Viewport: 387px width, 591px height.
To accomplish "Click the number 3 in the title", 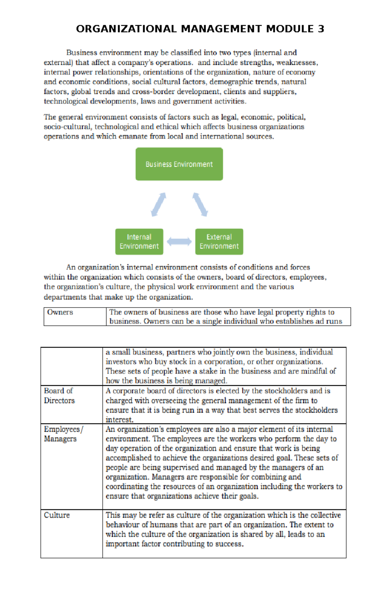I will pyautogui.click(x=321, y=29).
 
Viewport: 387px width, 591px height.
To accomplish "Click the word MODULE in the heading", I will pyautogui.click(x=290, y=29).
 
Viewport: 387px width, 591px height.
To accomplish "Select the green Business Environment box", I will pyautogui.click(x=179, y=164).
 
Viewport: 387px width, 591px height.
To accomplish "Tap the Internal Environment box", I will pyautogui.click(x=139, y=242).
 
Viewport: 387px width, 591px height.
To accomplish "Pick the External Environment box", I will pyautogui.click(x=219, y=242).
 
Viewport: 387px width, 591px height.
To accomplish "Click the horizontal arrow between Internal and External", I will pyautogui.click(x=179, y=242).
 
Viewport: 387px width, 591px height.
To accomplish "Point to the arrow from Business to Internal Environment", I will pyautogui.click(x=158, y=204).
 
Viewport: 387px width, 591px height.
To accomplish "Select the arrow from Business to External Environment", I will pyautogui.click(x=200, y=204).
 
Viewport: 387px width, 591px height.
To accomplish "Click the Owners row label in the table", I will pyautogui.click(x=60, y=312).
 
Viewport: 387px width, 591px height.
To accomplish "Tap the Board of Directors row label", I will pyautogui.click(x=59, y=396).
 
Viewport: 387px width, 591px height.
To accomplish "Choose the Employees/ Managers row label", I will pyautogui.click(x=63, y=434).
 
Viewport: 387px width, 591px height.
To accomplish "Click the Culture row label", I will pyautogui.click(x=57, y=515).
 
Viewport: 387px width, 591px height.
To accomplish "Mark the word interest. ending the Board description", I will pyautogui.click(x=119, y=420).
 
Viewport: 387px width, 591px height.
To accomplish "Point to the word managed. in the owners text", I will pyautogui.click(x=213, y=381).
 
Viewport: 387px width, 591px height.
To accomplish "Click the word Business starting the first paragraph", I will pyautogui.click(x=82, y=52).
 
